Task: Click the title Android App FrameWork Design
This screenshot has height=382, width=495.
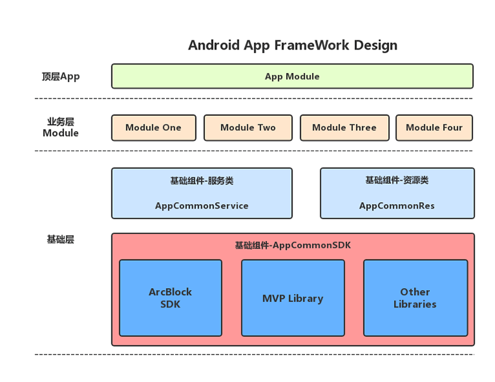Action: pyautogui.click(x=292, y=45)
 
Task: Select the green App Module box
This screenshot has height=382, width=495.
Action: pyautogui.click(x=292, y=76)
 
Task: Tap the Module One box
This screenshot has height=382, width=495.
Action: pyautogui.click(x=153, y=128)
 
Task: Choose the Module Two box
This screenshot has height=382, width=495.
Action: pyautogui.click(x=247, y=128)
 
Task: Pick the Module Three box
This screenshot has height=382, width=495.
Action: pyautogui.click(x=344, y=128)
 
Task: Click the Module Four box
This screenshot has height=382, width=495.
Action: pyautogui.click(x=434, y=128)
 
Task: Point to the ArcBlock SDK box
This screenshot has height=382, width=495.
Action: pyautogui.click(x=170, y=298)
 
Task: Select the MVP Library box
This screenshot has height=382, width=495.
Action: pyautogui.click(x=292, y=299)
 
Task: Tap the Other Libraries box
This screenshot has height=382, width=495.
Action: pyautogui.click(x=415, y=298)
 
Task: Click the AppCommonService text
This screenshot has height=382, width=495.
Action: pyautogui.click(x=201, y=206)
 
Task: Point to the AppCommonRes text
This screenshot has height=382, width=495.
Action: pyautogui.click(x=397, y=206)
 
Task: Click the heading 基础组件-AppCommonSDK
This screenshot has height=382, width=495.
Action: pyautogui.click(x=292, y=245)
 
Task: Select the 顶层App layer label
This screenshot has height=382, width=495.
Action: pyautogui.click(x=61, y=76)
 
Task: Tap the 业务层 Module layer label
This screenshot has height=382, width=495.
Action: pyautogui.click(x=61, y=127)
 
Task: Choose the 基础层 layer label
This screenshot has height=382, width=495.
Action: pyautogui.click(x=61, y=239)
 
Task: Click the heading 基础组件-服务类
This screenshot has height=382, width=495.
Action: pyautogui.click(x=201, y=181)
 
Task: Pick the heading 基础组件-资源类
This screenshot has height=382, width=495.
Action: pyautogui.click(x=397, y=181)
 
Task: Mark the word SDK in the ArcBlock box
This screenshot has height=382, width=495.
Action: pyautogui.click(x=170, y=304)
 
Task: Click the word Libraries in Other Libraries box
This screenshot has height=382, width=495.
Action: pyautogui.click(x=415, y=304)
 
